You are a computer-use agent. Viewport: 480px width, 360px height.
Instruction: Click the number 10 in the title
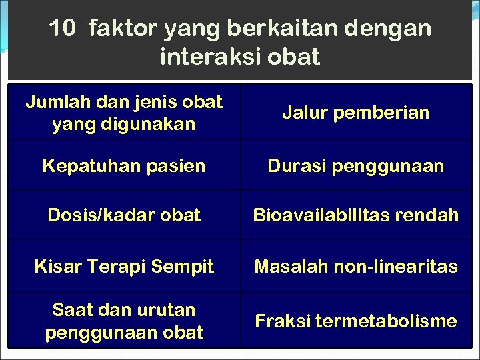[x=63, y=29]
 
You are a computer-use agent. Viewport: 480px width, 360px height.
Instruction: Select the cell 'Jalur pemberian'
[x=356, y=113]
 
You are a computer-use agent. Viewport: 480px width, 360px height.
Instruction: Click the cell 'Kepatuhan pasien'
[x=124, y=165]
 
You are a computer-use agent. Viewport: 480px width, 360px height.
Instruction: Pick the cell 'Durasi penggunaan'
[x=356, y=165]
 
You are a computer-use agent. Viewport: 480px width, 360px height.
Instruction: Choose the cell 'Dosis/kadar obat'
[x=124, y=215]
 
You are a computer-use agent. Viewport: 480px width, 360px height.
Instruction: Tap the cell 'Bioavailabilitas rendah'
[x=356, y=215]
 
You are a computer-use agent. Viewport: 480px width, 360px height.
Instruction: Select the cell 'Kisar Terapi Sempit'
[x=124, y=267]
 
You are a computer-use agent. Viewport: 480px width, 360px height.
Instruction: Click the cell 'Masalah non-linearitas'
[x=356, y=267]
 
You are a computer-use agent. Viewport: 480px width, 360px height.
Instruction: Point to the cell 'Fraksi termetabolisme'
[x=356, y=321]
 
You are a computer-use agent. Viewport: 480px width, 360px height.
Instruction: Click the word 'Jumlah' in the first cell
[x=53, y=102]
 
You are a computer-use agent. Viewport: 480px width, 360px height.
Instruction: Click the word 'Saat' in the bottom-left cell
[x=71, y=310]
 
